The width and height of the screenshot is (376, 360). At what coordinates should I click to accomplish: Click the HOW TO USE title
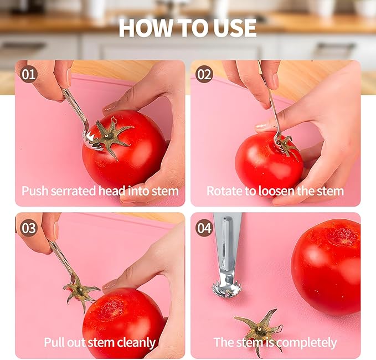point(188,28)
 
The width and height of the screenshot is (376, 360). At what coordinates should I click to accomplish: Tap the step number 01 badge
point(29,74)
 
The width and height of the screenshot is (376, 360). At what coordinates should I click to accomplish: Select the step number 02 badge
point(204,74)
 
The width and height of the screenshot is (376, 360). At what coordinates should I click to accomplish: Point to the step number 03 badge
point(29,228)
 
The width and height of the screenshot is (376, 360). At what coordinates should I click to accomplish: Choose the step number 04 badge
point(204,228)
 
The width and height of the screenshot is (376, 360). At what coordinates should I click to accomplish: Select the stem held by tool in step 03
point(80,290)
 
